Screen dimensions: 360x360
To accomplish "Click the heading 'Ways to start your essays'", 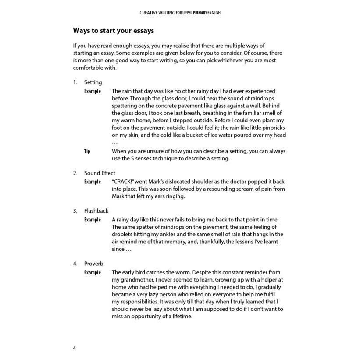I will [113, 31].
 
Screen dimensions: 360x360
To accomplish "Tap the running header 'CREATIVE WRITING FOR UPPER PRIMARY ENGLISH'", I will [180, 13].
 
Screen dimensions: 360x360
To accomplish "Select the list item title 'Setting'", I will [93, 82].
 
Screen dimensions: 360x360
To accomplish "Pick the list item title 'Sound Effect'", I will [100, 173].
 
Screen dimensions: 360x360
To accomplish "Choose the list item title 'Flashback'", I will [96, 210].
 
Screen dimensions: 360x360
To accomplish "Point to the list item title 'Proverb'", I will [94, 264].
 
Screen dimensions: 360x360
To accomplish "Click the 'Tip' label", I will [87, 151].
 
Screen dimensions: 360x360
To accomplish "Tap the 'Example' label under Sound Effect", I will [93, 182].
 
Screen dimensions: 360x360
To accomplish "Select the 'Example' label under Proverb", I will [93, 272].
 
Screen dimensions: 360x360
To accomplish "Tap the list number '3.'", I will [75, 210].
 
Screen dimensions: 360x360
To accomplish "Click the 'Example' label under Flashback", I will [93, 220].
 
